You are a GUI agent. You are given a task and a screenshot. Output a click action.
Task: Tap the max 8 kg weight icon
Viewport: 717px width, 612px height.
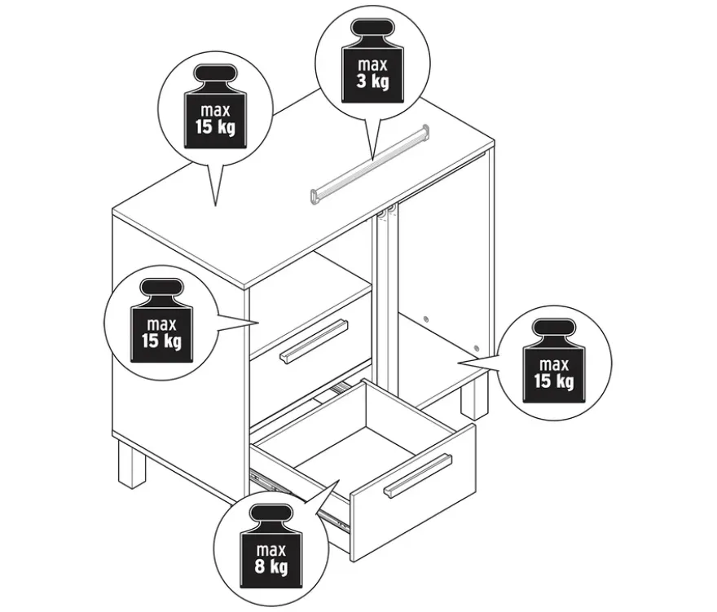click(x=271, y=547)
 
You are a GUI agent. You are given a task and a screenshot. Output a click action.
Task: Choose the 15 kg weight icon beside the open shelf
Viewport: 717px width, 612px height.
click(x=554, y=361)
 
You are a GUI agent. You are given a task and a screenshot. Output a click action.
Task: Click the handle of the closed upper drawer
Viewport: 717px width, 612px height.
click(x=315, y=341)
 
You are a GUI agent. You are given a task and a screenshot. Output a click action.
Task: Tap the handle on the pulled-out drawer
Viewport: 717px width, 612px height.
click(x=418, y=476)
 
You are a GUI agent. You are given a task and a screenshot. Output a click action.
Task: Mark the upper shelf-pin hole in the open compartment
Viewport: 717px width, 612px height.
click(x=426, y=319)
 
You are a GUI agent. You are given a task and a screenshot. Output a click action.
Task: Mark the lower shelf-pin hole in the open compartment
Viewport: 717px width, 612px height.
click(x=477, y=349)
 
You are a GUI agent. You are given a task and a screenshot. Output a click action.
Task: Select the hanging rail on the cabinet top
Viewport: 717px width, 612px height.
click(x=370, y=165)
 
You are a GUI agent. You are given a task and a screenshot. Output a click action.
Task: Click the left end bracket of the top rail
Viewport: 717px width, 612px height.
click(x=315, y=196)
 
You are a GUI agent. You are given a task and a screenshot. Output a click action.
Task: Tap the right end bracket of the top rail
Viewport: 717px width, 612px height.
click(x=425, y=131)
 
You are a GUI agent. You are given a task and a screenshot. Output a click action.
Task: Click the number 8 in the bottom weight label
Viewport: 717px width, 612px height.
click(x=260, y=566)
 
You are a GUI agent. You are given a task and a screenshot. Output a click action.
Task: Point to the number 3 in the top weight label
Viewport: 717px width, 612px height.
click(x=361, y=81)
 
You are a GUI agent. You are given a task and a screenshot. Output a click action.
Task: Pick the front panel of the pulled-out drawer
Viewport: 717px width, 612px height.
click(x=413, y=493)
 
